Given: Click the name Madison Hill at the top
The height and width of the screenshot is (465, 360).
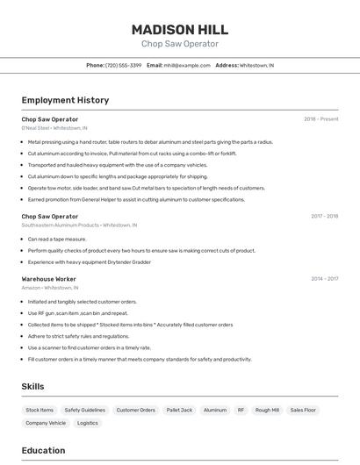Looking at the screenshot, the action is (180, 29).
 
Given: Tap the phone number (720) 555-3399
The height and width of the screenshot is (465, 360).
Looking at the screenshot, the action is (123, 65).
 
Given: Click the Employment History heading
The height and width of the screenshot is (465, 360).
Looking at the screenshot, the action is (65, 100).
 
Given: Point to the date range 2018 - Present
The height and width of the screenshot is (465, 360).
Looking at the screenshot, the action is (321, 118).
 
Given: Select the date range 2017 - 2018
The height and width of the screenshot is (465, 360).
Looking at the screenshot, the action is (324, 216).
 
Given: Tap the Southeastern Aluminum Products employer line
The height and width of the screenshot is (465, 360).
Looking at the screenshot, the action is (79, 225).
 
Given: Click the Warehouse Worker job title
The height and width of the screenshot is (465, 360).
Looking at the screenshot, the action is (49, 279).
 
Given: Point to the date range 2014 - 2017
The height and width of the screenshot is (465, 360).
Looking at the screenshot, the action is (324, 279).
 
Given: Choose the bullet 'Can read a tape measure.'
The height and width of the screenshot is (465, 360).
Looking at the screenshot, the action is (57, 239).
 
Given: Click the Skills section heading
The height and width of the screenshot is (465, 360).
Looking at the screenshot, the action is (33, 386).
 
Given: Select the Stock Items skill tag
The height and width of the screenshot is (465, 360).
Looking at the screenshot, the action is (40, 410).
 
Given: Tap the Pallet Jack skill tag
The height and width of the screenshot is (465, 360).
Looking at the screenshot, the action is (179, 410).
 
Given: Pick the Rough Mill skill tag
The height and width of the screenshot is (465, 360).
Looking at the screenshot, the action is (267, 410).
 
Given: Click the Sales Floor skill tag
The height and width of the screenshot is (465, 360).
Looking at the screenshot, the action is (303, 410).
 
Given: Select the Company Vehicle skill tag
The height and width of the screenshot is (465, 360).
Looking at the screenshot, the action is (46, 423).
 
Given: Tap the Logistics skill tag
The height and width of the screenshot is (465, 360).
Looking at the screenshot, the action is (88, 423).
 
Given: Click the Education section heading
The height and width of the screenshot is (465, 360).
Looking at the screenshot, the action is (44, 450).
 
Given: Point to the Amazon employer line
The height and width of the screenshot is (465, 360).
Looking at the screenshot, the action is (50, 288).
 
